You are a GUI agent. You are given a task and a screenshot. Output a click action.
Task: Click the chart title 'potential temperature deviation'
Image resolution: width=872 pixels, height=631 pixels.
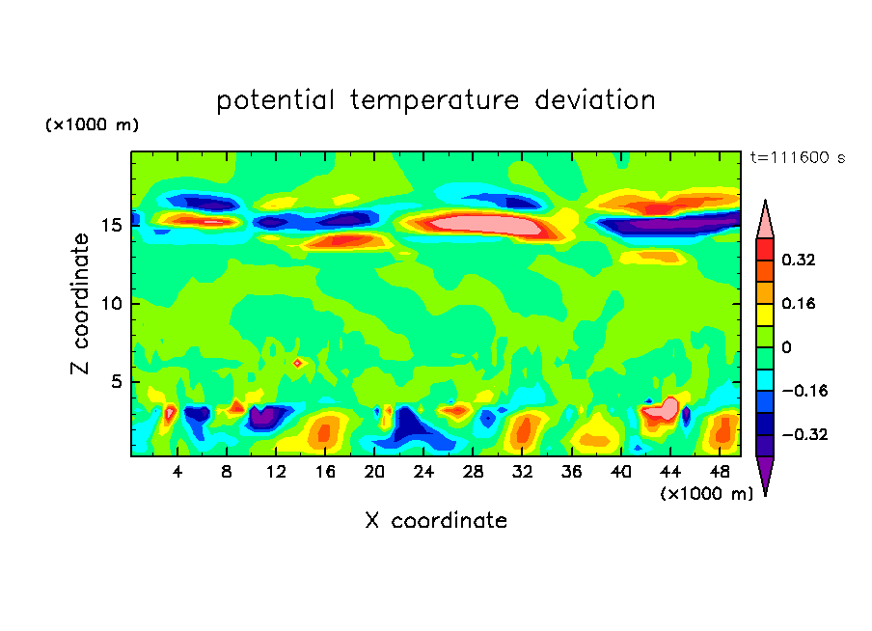coord(436,100)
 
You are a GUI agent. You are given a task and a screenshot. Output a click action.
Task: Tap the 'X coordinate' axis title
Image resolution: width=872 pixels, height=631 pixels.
coord(436,521)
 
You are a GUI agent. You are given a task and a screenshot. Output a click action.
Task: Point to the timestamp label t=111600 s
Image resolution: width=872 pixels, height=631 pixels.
coord(797,158)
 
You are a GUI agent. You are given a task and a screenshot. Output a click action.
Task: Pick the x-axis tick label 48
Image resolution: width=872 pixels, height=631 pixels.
coord(719,472)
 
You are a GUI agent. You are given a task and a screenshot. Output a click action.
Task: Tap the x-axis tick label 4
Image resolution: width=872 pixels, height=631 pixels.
coord(177,472)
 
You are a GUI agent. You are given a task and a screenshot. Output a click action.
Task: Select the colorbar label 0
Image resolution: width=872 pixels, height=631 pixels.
coord(787,347)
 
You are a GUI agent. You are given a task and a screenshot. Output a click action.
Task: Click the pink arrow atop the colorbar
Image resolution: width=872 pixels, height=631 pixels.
coord(765,220)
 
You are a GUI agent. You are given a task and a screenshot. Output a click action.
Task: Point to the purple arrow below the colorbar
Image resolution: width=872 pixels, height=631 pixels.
coord(765,475)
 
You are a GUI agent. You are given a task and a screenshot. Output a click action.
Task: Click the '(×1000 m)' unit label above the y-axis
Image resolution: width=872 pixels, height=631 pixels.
coord(93,125)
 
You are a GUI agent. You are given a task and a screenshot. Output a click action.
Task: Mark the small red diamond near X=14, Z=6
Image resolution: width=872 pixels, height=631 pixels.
coord(298,363)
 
